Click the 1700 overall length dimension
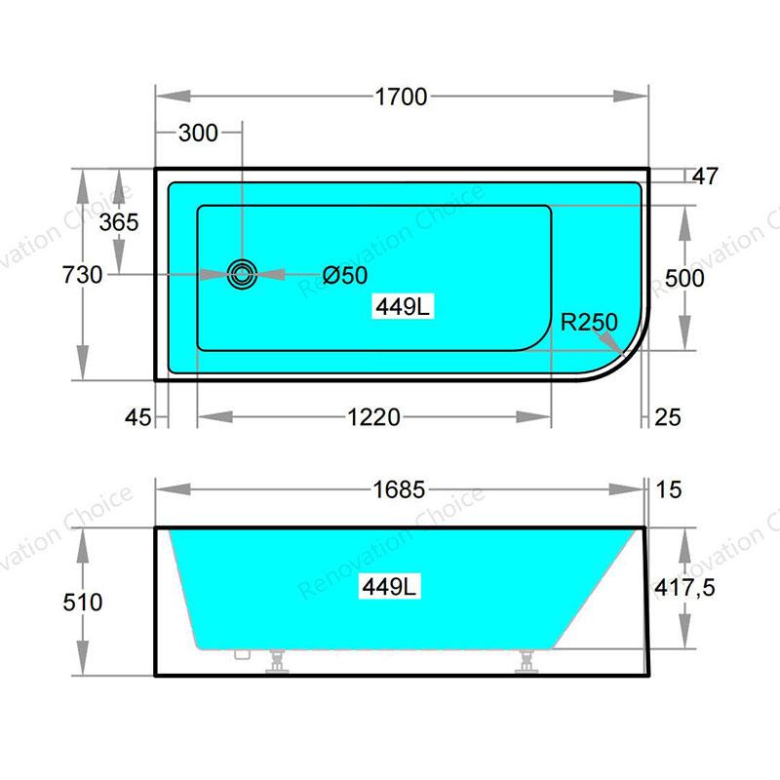coord(401,97)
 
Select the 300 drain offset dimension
coord(198,133)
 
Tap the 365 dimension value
coord(119,222)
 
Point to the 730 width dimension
coord(82,275)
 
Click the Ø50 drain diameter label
coord(345,275)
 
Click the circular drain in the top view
coord(242,274)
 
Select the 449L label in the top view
coord(403,306)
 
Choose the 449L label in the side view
coord(389,587)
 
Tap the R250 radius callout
coord(589,322)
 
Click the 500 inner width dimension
coord(684,278)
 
